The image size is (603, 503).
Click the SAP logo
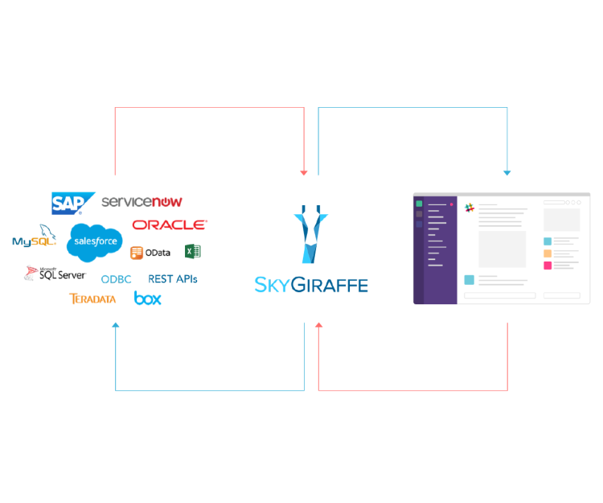point(73,203)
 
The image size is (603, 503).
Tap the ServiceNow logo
point(142,201)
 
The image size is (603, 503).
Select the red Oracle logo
point(170,225)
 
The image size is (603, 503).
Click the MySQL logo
point(35,236)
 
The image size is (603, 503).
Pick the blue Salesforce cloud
point(95,242)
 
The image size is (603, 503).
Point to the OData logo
point(150,253)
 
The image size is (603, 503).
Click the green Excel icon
point(193,252)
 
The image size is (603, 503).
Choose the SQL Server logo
point(55,274)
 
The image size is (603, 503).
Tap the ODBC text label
point(116,279)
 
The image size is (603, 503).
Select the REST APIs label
point(173,279)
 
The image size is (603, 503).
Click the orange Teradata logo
point(92,299)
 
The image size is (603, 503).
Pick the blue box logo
point(148,299)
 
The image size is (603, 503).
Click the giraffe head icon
point(310,234)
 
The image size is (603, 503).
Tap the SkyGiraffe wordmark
point(311,285)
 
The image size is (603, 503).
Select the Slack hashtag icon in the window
point(470,208)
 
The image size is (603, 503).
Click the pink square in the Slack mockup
point(548,265)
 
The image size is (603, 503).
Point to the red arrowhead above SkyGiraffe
point(304,173)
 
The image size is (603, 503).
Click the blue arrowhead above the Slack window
point(507,173)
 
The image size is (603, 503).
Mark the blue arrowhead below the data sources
point(115,325)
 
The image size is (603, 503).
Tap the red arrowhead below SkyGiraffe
point(319,325)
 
